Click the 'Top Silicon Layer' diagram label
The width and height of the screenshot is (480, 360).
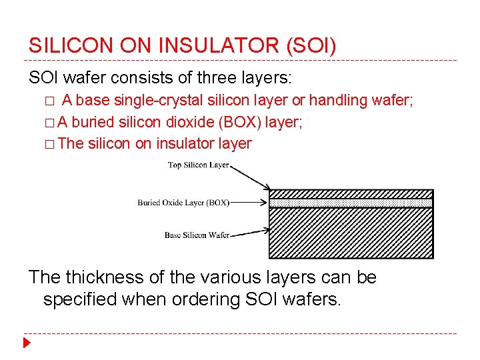pos(198,165)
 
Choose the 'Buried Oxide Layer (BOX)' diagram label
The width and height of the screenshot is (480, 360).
pos(183,202)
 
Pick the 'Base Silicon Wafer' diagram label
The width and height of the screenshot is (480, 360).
pos(197,235)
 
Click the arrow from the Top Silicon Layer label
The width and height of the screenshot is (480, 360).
pos(250,177)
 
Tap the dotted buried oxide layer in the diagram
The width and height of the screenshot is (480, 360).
pos(350,203)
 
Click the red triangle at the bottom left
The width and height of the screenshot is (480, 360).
pos(27,344)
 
